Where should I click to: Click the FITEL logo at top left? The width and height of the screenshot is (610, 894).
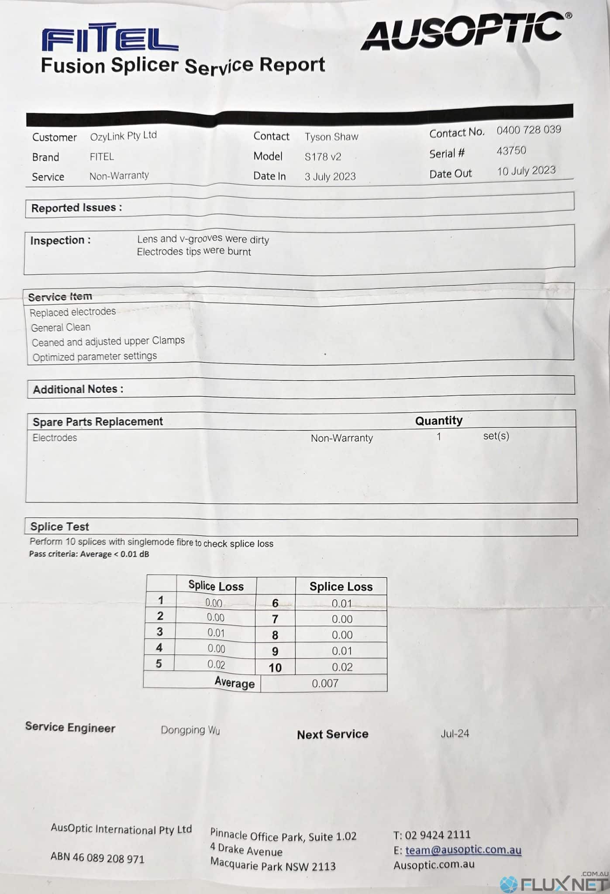[x=110, y=38]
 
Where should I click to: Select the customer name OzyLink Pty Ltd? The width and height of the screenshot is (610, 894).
[x=123, y=136]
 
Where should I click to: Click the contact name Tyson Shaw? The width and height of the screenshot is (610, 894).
[x=331, y=137]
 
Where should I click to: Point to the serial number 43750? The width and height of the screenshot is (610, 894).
[x=511, y=151]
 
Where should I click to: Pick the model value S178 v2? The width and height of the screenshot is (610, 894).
[x=323, y=157]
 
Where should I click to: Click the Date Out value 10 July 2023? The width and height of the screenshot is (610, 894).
[x=526, y=171]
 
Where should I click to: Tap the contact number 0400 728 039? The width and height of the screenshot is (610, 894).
[x=528, y=130]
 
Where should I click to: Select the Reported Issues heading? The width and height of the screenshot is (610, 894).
[x=76, y=208]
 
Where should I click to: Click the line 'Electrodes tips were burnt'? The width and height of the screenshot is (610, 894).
[x=194, y=252]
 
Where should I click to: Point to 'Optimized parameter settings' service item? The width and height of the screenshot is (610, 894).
[x=95, y=357]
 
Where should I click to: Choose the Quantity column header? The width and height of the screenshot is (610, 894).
[x=438, y=420]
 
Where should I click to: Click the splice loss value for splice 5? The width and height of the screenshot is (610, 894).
[x=216, y=664]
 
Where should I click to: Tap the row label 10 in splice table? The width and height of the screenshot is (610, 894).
[x=275, y=667]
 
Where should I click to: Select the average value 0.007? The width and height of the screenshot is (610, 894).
[x=325, y=683]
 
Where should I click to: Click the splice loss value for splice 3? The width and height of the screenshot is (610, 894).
[x=216, y=633]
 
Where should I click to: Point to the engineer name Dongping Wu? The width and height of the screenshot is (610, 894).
[x=190, y=730]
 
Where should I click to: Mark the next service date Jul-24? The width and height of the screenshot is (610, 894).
[x=455, y=733]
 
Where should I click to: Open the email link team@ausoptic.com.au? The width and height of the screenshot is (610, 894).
[x=463, y=850]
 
